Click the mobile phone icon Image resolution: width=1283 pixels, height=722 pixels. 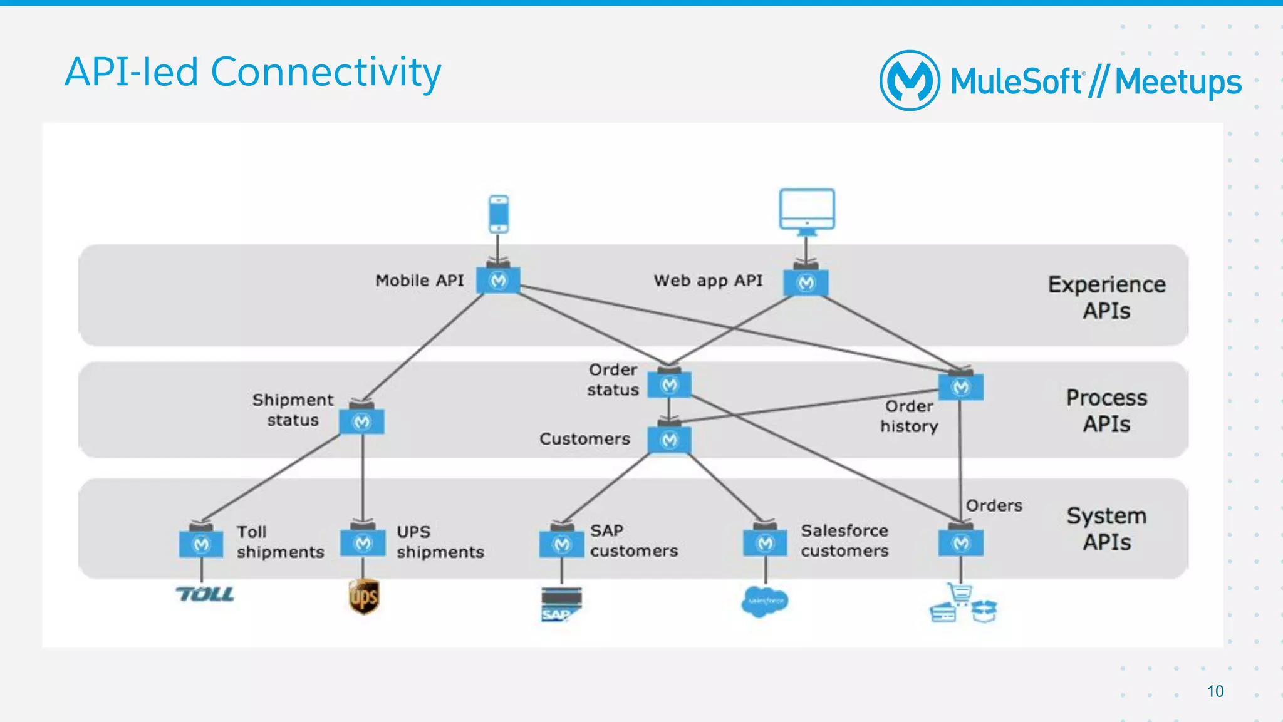click(499, 214)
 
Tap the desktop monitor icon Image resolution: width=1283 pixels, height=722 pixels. click(807, 210)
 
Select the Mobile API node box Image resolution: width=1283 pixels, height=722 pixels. click(498, 281)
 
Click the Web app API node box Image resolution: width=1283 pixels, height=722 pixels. click(806, 283)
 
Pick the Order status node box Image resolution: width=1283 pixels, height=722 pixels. click(669, 384)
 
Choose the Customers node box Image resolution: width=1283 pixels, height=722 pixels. click(669, 440)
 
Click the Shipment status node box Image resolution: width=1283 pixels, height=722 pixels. click(361, 421)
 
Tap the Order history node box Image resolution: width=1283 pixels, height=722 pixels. click(960, 387)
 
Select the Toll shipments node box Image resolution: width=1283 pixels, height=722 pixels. click(201, 544)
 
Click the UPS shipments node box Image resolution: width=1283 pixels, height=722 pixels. click(363, 543)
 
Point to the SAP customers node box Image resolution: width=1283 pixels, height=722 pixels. click(561, 544)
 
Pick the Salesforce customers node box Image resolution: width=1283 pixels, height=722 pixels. click(765, 543)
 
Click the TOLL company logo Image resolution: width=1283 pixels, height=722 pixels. click(205, 594)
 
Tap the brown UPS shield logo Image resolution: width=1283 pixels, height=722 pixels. click(364, 596)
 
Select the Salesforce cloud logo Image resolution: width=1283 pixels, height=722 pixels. click(764, 601)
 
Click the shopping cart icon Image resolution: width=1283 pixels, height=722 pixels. click(960, 593)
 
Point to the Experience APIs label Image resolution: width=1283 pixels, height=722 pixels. click(1106, 297)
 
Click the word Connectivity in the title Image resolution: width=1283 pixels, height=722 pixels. click(326, 72)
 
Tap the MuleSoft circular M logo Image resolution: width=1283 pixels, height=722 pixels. click(910, 81)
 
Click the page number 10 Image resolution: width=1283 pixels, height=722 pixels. click(1215, 691)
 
